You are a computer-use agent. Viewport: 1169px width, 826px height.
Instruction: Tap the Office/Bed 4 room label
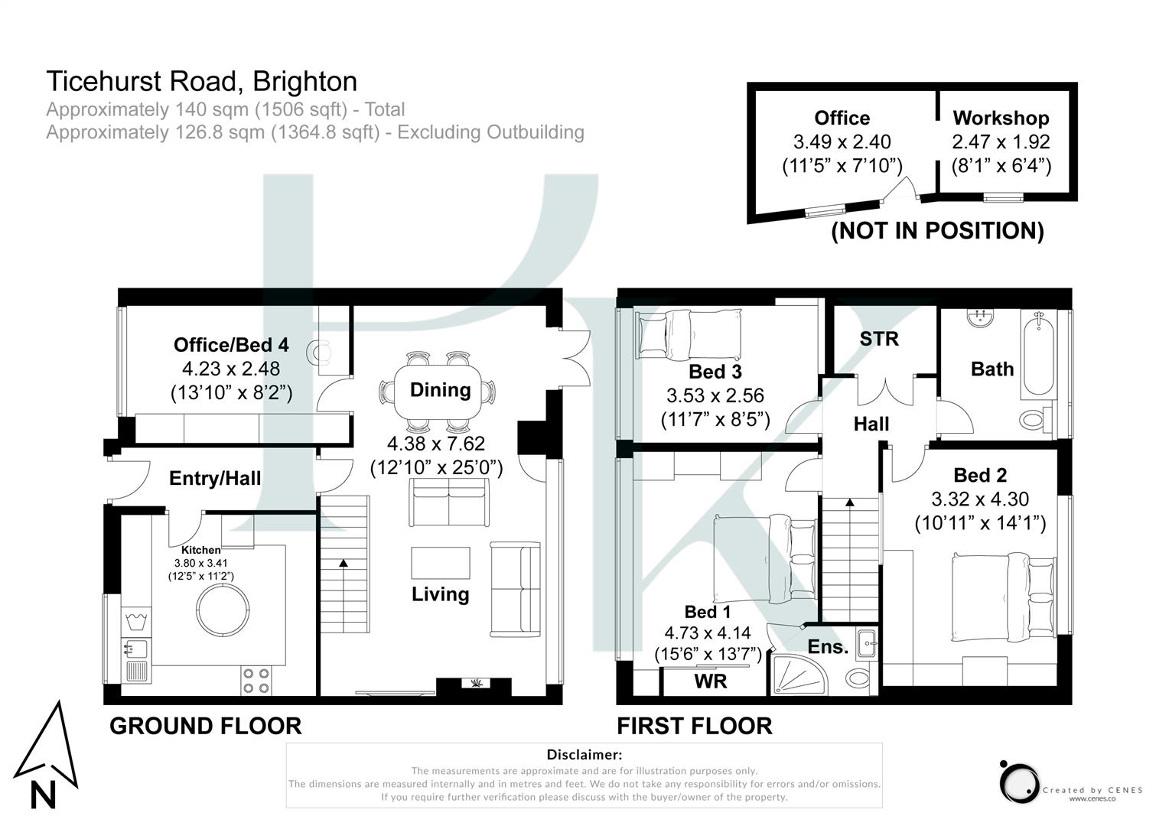[231, 345]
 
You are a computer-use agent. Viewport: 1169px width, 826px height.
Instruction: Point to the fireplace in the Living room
[474, 685]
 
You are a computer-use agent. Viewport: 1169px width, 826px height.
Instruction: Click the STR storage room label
[878, 339]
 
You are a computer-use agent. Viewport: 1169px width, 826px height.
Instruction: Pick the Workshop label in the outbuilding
[1001, 118]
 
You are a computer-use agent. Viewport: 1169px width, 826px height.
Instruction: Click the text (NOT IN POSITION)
[937, 230]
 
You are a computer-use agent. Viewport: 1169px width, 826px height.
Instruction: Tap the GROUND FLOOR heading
[205, 726]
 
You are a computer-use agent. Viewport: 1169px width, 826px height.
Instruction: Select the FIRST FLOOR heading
[695, 726]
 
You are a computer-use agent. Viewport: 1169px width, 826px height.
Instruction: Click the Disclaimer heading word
[584, 755]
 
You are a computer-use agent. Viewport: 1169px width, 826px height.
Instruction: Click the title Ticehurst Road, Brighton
[202, 81]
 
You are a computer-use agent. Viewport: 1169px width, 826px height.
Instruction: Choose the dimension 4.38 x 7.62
[436, 444]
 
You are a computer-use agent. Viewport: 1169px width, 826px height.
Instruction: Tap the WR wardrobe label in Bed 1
[710, 681]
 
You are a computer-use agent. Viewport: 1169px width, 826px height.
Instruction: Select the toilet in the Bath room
[1034, 418]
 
